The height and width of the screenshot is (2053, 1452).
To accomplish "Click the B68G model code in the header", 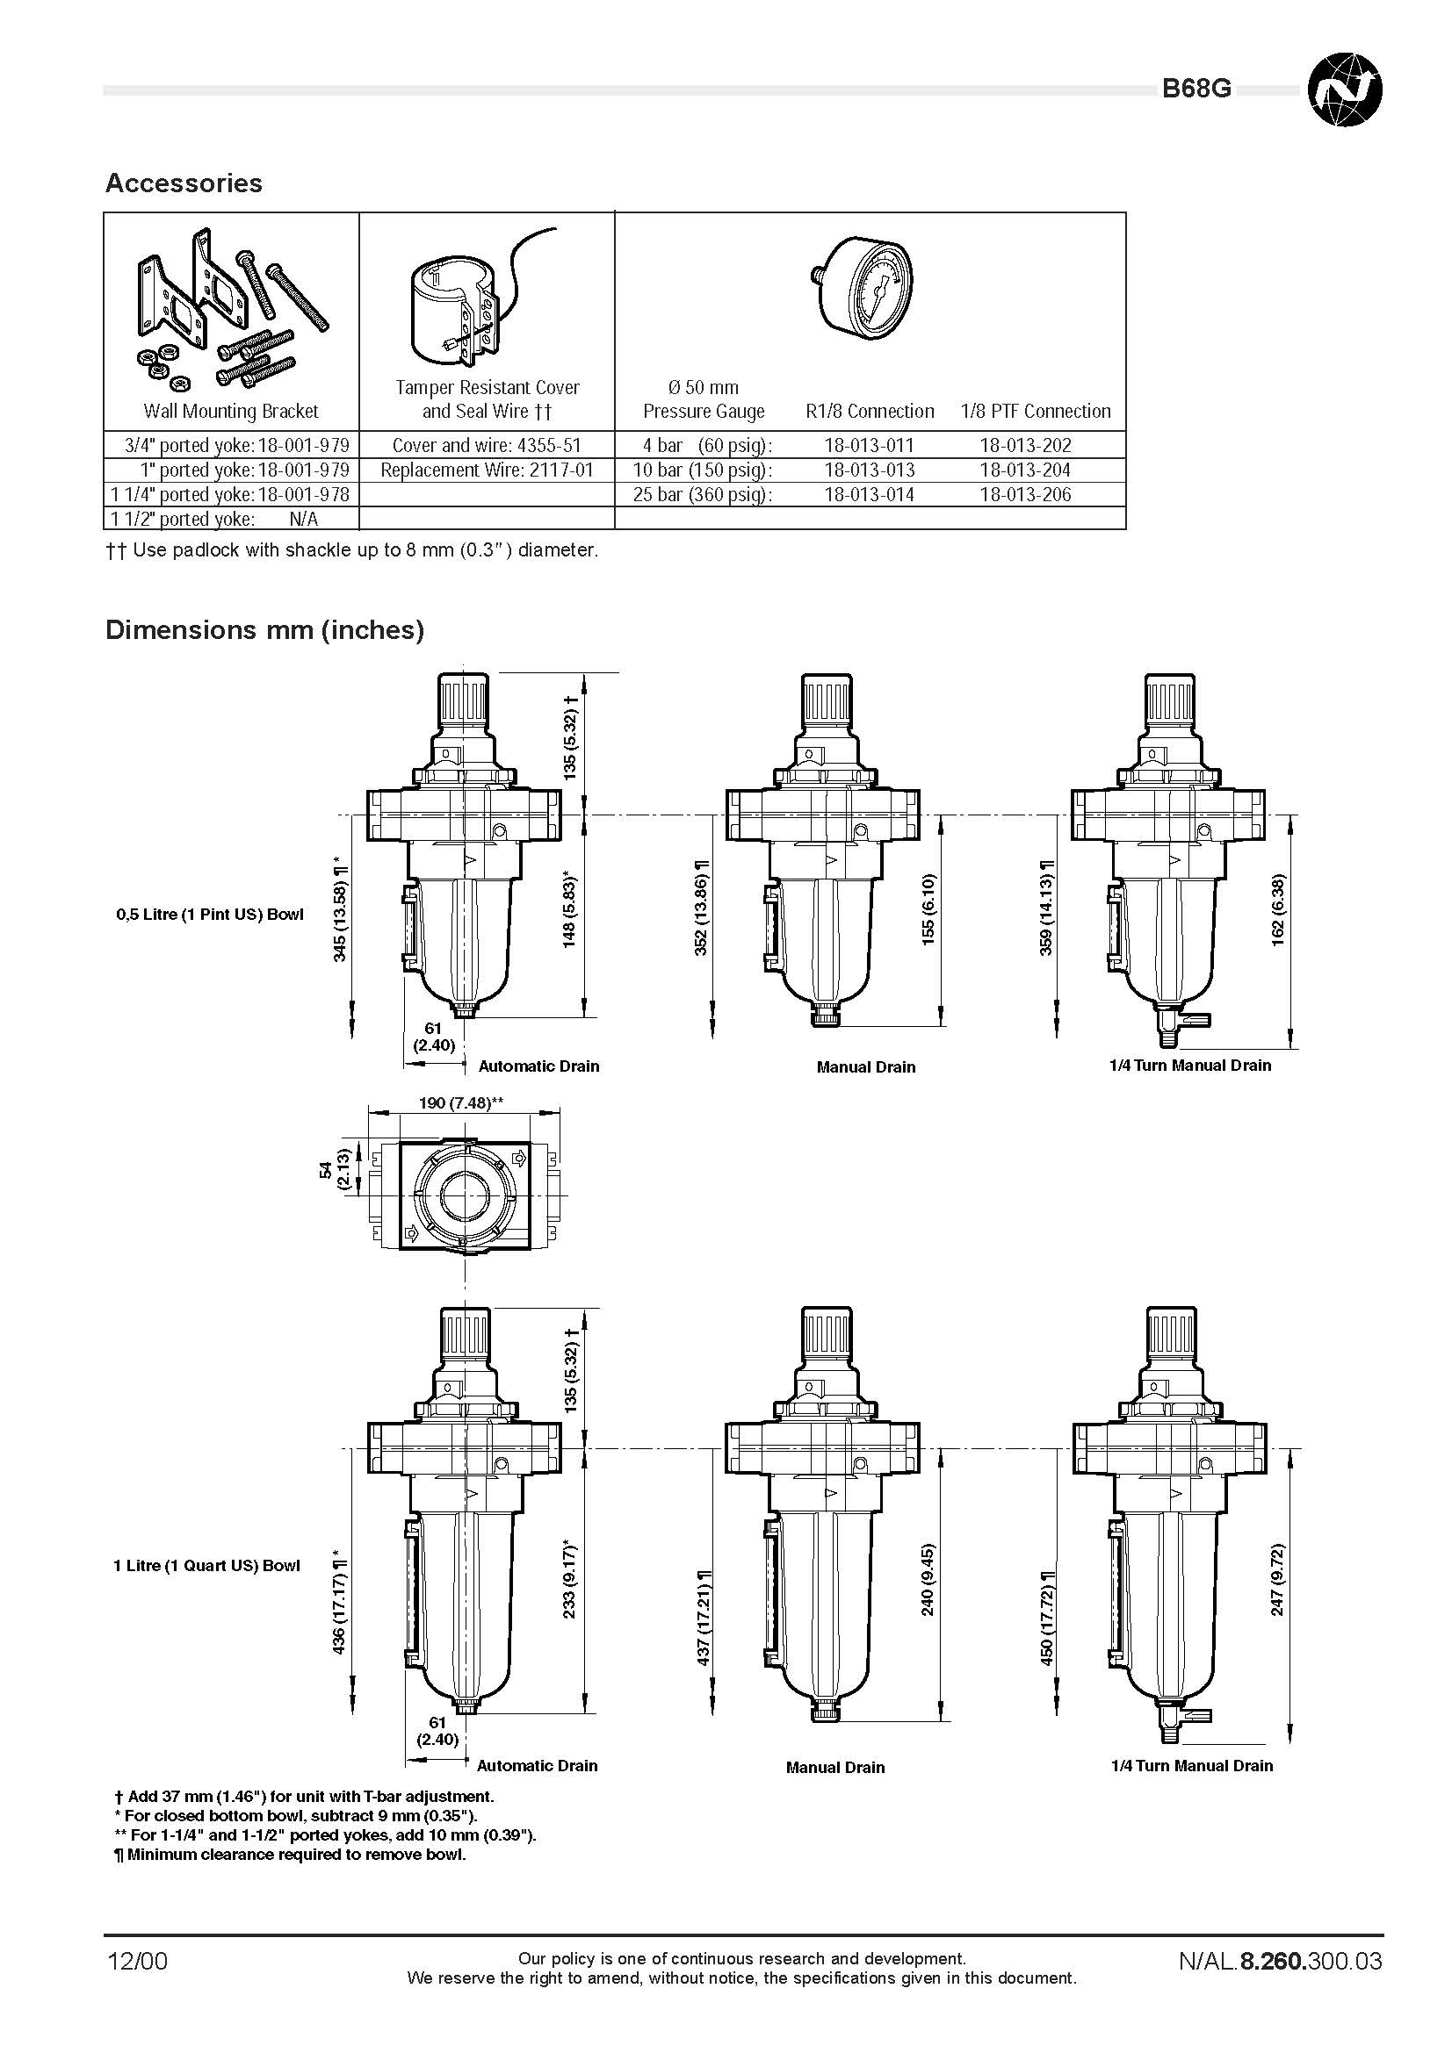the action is click(x=1196, y=89).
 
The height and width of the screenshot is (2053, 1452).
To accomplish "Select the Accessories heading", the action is click(x=184, y=183).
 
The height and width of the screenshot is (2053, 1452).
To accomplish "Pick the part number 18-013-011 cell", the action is click(x=870, y=445).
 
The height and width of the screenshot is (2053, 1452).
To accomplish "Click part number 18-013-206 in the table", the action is click(x=1025, y=494).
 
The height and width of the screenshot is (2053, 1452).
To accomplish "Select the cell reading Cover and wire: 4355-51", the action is click(x=488, y=445).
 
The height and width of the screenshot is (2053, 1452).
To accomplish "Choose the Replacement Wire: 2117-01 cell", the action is click(x=488, y=470).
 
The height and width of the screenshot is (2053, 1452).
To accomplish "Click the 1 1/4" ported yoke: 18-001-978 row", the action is click(x=231, y=494).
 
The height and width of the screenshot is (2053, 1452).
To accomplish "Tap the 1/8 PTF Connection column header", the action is click(x=1036, y=412).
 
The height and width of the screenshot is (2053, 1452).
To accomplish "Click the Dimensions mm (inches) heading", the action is click(x=264, y=630).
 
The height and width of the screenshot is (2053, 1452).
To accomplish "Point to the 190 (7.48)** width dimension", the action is click(x=462, y=1102).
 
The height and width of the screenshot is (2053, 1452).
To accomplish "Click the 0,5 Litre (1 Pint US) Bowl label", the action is click(x=210, y=915).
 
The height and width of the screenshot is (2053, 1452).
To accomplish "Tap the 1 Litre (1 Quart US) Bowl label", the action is click(x=206, y=1566).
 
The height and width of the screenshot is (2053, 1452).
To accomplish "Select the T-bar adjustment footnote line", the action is click(x=304, y=1797).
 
